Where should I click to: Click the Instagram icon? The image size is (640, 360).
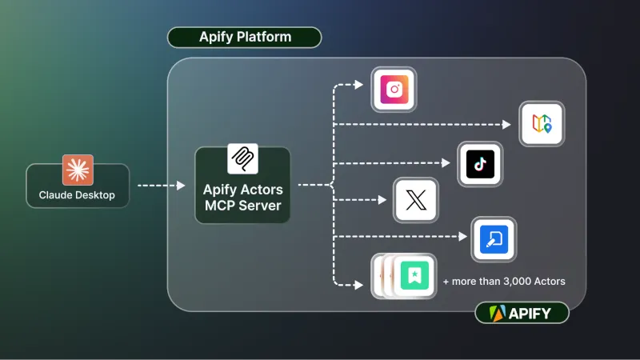tap(394, 89)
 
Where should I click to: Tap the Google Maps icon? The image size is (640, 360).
tap(541, 124)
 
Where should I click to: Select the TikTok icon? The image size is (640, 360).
tap(479, 164)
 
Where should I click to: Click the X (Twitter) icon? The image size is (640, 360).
tap(416, 200)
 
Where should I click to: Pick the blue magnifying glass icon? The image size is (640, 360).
tap(494, 239)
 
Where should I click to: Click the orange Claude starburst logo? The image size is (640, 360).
tap(78, 170)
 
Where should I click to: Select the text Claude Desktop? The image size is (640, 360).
tap(77, 195)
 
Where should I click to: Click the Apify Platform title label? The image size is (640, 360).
tap(245, 38)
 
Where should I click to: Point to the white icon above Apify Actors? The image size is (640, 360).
tap(242, 158)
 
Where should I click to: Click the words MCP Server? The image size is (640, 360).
tap(242, 206)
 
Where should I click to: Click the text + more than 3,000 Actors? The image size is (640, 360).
tap(504, 281)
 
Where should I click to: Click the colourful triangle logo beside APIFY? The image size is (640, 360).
tap(496, 313)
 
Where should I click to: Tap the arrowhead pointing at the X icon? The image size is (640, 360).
tap(383, 200)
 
